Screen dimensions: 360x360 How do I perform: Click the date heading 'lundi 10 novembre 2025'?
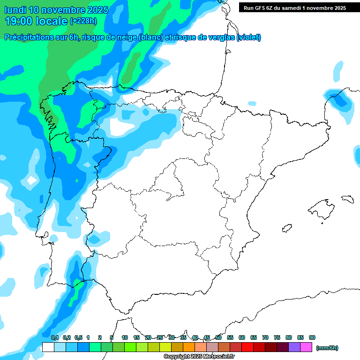click(56, 10)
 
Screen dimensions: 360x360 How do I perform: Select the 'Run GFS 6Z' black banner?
click(294, 8)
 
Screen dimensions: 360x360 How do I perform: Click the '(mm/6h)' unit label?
click(327, 348)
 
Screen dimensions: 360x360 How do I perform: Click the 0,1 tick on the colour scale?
click(55, 337)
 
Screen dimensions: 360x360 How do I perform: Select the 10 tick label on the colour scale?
click(125, 337)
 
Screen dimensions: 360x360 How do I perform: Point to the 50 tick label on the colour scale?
click(218, 337)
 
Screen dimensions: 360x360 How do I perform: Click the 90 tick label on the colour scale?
click(312, 337)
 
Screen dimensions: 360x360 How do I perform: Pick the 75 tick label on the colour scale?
click(277, 337)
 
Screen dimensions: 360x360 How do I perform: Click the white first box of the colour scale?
click(48, 347)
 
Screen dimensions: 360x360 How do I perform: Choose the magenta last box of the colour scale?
click(306, 347)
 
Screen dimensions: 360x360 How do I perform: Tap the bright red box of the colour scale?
click(247, 347)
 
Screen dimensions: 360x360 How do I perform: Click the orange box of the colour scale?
click(189, 347)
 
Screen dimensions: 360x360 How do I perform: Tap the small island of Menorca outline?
click(347, 199)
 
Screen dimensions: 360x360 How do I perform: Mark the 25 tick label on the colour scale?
click(160, 337)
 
